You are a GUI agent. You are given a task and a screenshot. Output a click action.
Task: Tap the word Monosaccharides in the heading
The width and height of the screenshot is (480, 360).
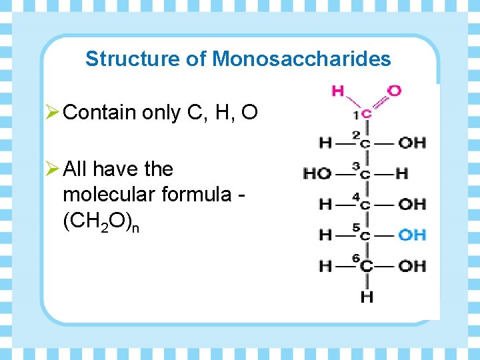click(301, 59)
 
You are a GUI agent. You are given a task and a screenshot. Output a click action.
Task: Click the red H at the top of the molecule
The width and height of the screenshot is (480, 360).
click(338, 90)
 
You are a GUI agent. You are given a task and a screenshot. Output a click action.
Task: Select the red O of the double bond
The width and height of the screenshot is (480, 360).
click(395, 90)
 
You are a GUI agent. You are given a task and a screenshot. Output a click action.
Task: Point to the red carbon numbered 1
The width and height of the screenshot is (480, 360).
click(367, 114)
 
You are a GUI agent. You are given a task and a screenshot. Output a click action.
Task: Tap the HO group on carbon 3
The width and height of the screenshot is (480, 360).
click(317, 173)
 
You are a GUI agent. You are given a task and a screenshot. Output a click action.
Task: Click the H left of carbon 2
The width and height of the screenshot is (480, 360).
click(325, 142)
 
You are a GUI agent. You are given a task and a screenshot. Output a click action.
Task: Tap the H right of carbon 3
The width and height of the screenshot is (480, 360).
click(401, 173)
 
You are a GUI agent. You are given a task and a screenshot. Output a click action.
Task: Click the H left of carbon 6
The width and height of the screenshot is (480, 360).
click(325, 266)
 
